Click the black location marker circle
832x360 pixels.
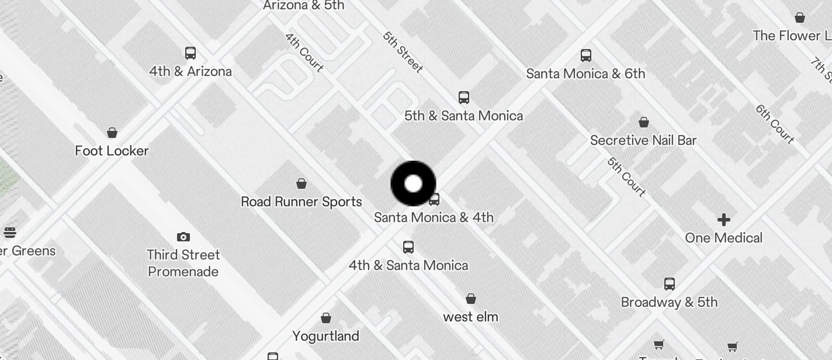413,184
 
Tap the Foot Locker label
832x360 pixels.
112,151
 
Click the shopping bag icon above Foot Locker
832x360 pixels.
112,133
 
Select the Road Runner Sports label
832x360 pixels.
301,202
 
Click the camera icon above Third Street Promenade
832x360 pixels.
183,237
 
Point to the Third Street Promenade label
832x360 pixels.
183,263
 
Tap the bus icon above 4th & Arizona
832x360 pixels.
190,53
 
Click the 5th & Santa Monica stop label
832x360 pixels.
463,116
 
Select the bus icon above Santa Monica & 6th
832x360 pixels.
586,56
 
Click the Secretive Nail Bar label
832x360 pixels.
643,140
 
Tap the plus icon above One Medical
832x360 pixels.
724,220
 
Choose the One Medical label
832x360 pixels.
723,238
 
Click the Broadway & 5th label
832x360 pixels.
669,302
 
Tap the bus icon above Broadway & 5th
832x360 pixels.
670,284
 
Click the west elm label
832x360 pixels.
470,317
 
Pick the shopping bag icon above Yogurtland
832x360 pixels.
326,318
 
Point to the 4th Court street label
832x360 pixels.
304,52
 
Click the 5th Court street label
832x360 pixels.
626,176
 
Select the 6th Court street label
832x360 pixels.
775,124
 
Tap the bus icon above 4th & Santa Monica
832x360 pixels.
408,247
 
